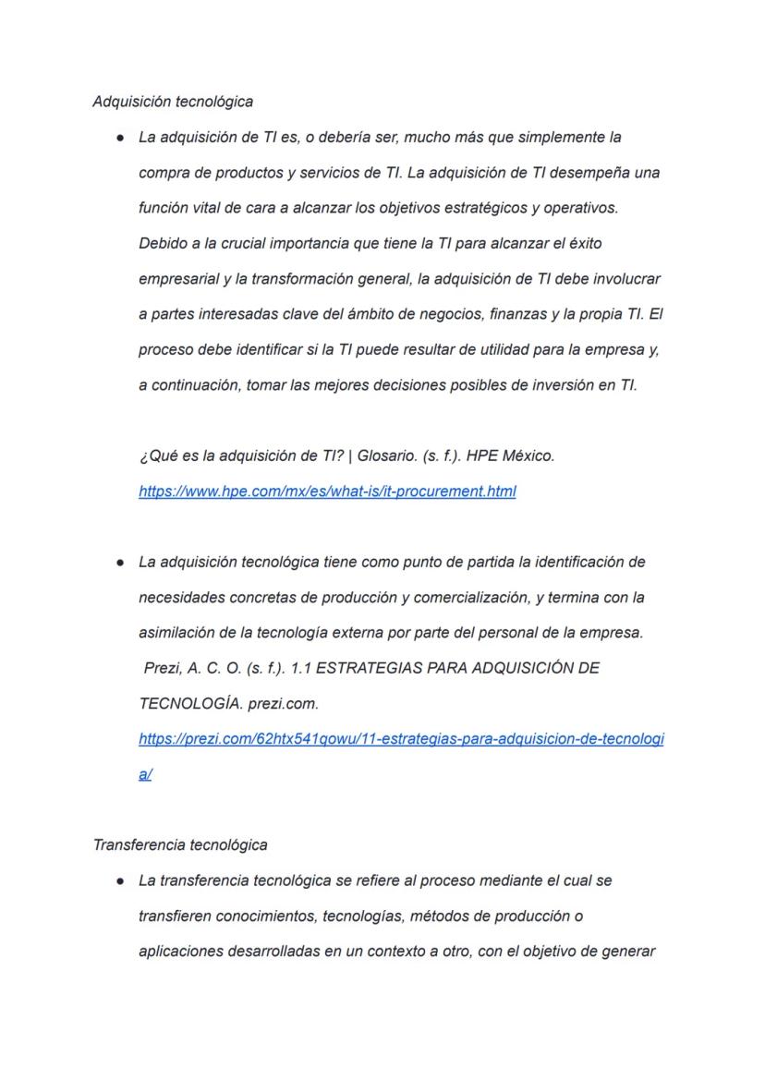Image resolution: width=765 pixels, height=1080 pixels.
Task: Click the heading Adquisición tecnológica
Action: pyautogui.click(x=173, y=101)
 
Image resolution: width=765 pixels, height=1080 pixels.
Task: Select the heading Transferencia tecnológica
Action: pyautogui.click(x=180, y=844)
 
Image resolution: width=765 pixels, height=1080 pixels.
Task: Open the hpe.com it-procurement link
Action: pyautogui.click(x=327, y=491)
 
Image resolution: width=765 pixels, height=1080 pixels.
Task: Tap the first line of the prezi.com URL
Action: pyautogui.click(x=401, y=739)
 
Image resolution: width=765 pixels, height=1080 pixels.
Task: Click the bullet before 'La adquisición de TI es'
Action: pyautogui.click(x=121, y=138)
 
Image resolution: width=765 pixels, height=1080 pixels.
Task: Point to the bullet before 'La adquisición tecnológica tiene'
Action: pyautogui.click(x=121, y=562)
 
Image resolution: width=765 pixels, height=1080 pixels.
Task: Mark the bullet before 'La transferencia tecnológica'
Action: pyautogui.click(x=121, y=881)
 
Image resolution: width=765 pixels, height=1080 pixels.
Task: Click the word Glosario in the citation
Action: pyautogui.click(x=386, y=456)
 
